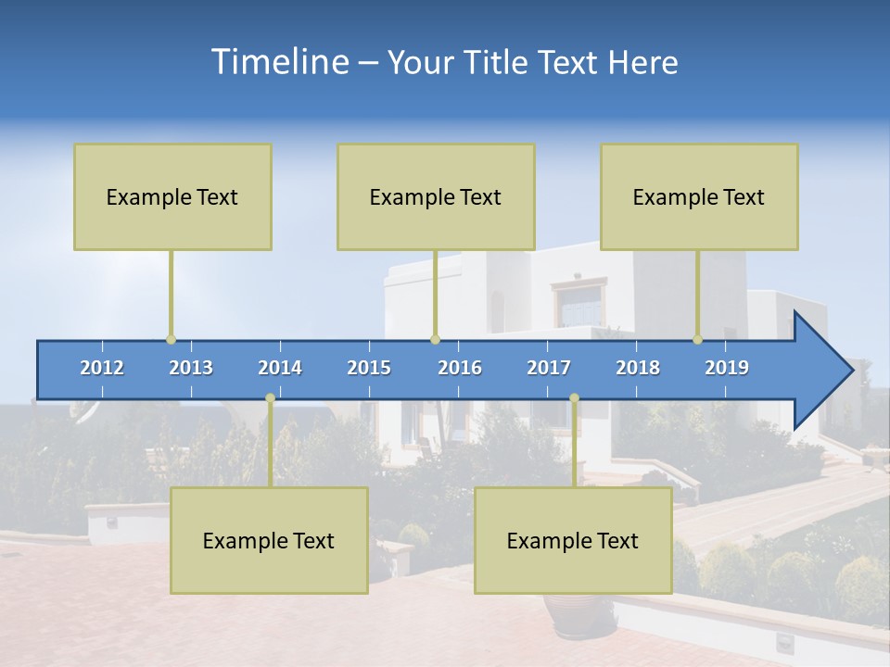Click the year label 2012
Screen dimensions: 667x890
point(102,368)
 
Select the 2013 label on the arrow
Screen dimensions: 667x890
point(191,368)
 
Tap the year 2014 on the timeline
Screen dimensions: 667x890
point(280,368)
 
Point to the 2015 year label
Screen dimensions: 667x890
point(369,368)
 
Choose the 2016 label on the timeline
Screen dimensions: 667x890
point(460,368)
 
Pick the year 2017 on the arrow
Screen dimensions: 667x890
point(549,368)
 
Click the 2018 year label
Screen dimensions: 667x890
point(638,368)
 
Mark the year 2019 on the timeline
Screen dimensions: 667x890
point(727,368)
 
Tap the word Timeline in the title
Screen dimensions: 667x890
point(277,62)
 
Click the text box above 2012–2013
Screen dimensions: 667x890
point(172,196)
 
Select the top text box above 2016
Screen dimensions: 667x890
point(436,196)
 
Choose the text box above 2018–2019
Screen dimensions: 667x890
point(699,196)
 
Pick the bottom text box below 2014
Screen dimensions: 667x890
point(269,540)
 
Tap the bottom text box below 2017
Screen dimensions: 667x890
point(573,540)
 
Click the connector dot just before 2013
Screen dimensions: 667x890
point(171,339)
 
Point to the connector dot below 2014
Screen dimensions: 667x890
point(270,398)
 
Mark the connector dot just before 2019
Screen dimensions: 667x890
point(697,339)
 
